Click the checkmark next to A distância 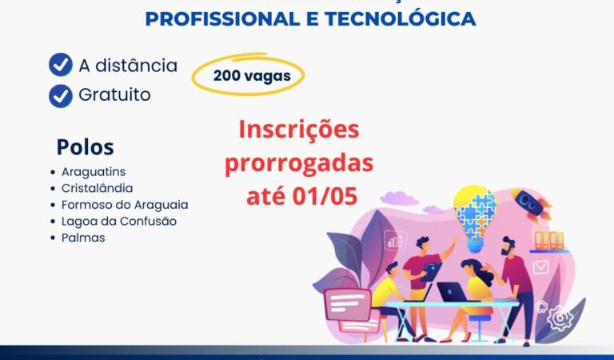click(x=61, y=65)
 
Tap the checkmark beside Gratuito click(x=61, y=95)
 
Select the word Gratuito click(x=114, y=95)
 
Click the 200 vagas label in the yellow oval click(x=246, y=76)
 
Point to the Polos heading click(x=85, y=147)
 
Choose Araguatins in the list click(x=94, y=172)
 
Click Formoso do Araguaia click(x=125, y=205)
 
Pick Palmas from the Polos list click(x=83, y=238)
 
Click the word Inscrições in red click(x=299, y=130)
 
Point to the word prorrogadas click(x=299, y=162)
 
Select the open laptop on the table click(x=453, y=292)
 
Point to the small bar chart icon click(x=393, y=240)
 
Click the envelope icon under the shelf click(x=541, y=267)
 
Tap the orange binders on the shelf click(x=548, y=240)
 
